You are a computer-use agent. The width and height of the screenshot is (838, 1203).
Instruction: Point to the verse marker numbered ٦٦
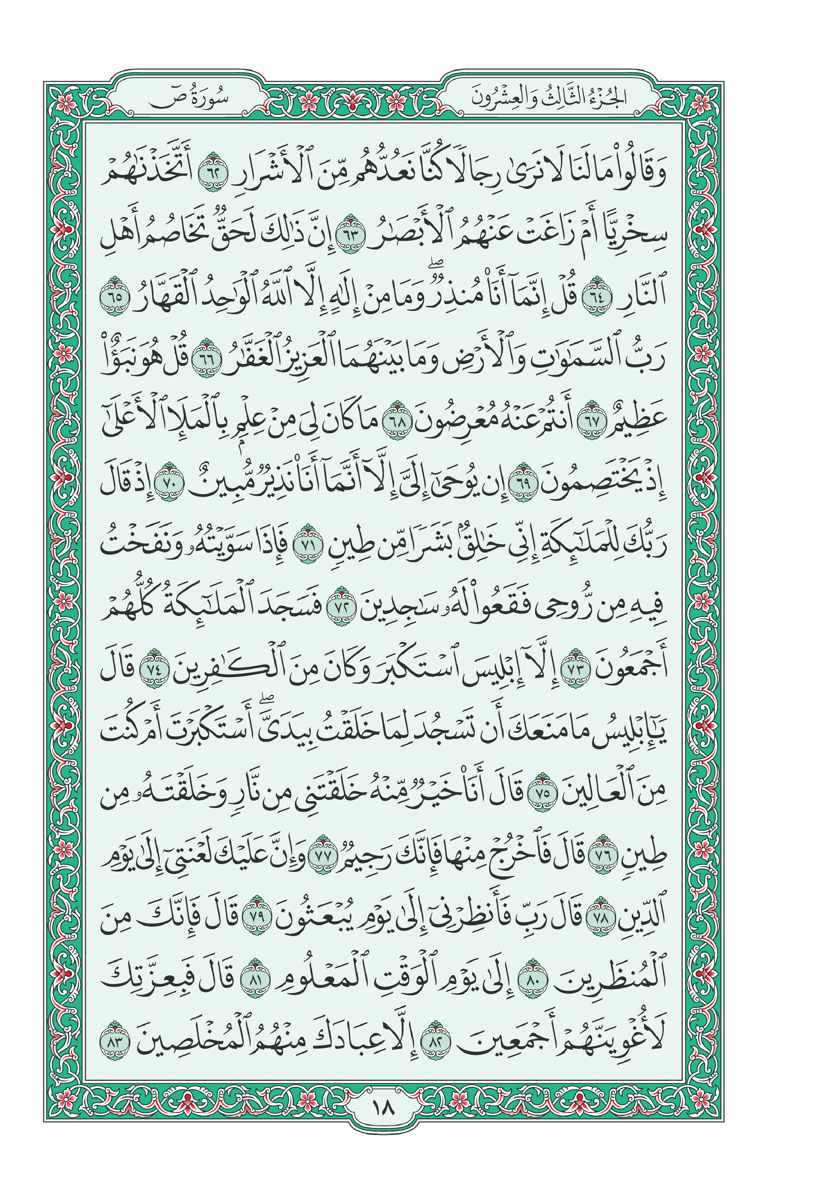coord(208,358)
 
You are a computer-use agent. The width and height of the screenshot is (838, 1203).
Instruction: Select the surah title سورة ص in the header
coord(189,99)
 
